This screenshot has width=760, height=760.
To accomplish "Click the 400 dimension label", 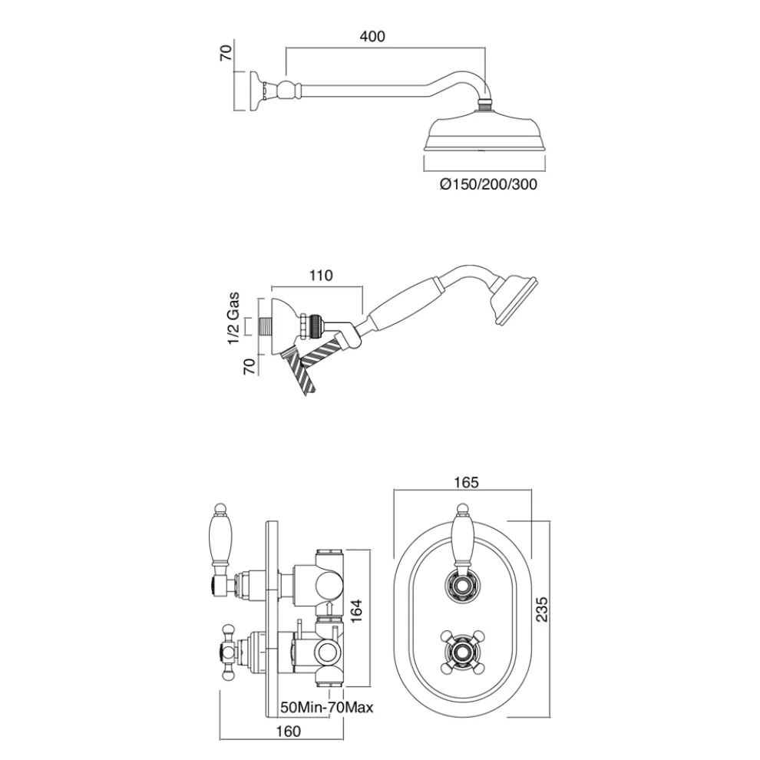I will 372,36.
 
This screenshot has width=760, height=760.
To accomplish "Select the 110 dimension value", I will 320,276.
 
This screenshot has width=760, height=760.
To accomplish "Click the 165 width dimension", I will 466,482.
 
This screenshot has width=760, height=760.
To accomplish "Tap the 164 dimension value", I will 355,612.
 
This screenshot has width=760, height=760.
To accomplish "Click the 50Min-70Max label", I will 326,707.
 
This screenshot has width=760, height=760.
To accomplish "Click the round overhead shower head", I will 484,136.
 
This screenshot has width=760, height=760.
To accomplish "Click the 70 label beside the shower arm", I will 226,55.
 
